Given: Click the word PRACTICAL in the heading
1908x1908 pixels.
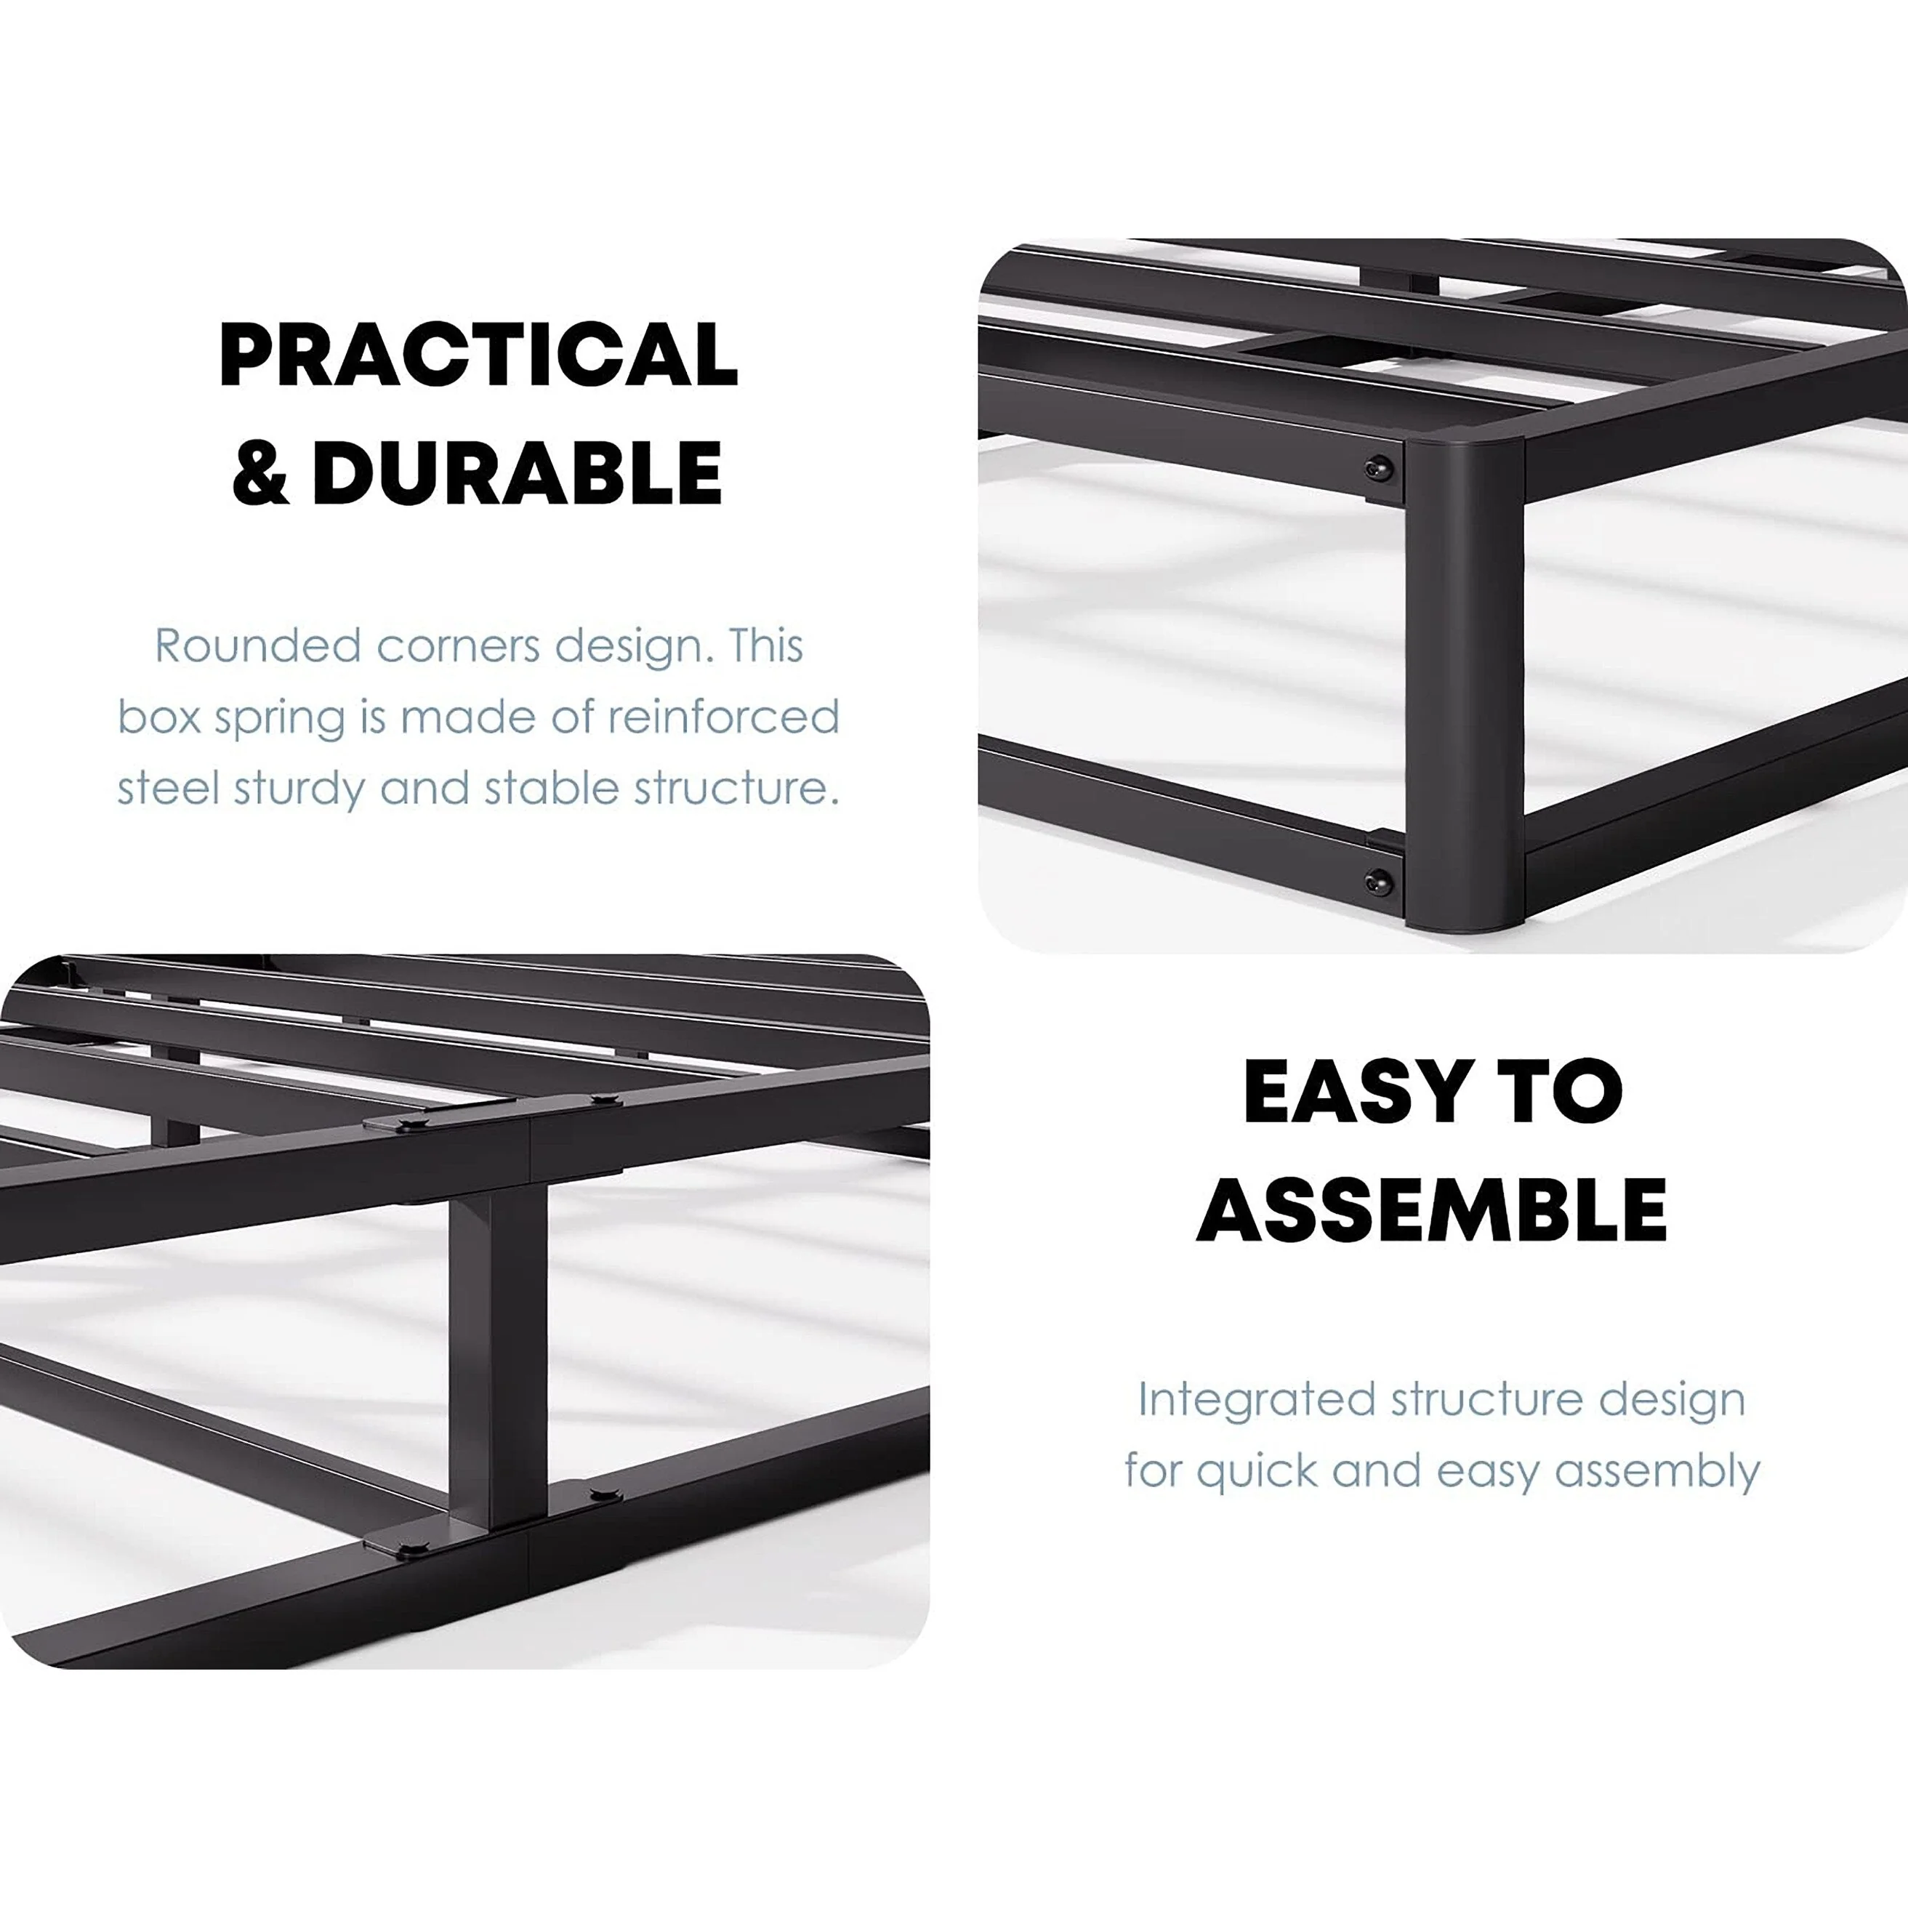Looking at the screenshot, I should (x=478, y=355).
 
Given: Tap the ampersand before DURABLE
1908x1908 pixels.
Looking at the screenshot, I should (x=261, y=473).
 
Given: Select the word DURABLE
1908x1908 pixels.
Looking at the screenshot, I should (x=517, y=473).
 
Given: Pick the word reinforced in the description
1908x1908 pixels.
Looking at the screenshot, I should (x=723, y=718).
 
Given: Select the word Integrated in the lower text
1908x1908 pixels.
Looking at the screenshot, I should (x=1256, y=1399).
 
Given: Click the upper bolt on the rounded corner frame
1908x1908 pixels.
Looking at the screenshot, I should (x=1380, y=468).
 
